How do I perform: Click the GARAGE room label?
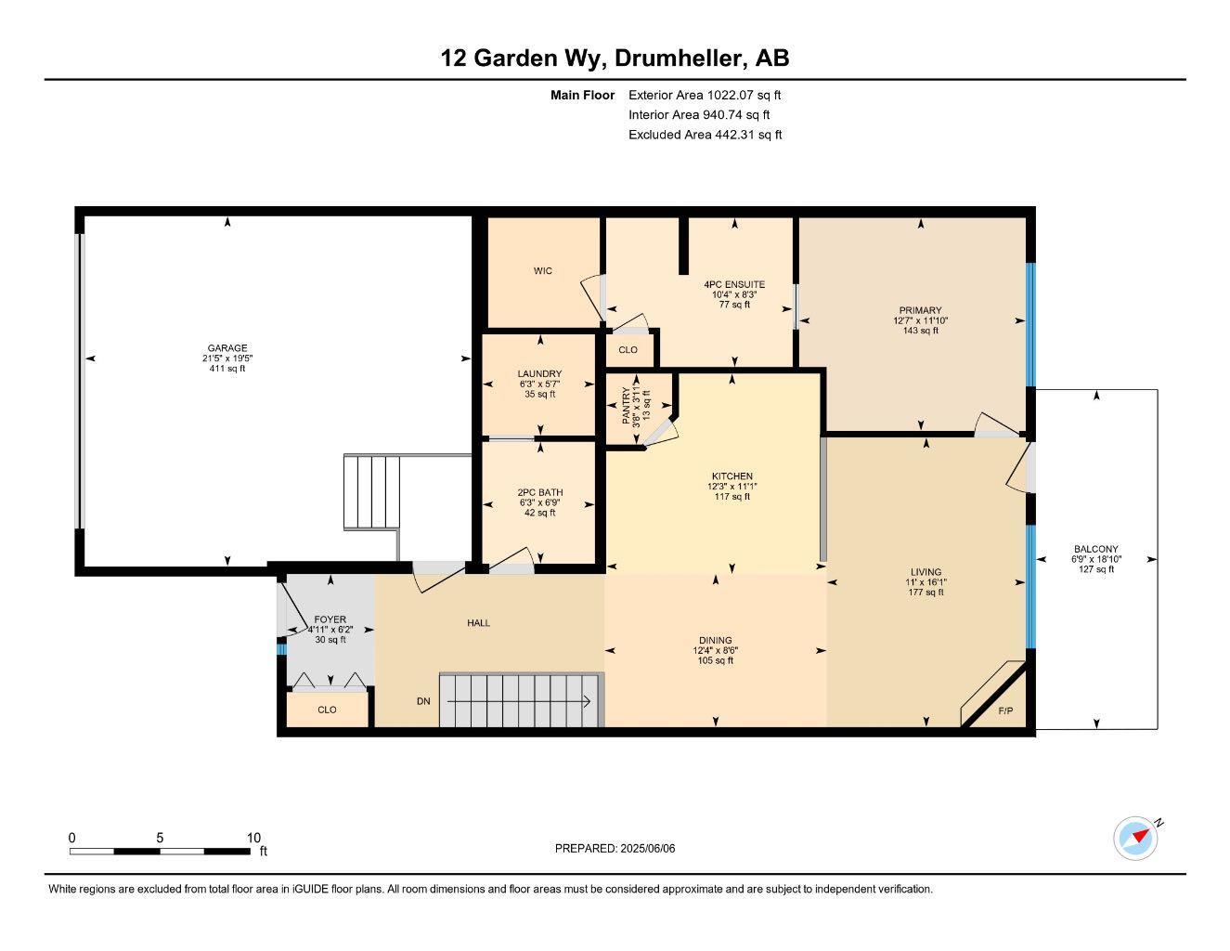coord(227,348)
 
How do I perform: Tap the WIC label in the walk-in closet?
coord(543,271)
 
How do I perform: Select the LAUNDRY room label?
coord(539,374)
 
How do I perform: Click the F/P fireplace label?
coord(1005,711)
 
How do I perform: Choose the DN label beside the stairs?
coord(423,701)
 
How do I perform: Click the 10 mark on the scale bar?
coord(253,838)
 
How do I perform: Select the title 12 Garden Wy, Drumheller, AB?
coord(615,59)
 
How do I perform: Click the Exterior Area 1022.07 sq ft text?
coord(705,95)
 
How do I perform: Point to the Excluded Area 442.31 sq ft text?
coord(705,135)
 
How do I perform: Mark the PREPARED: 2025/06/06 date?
coord(615,848)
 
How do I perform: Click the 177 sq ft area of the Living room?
coord(926,593)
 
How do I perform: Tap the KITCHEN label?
coord(732,476)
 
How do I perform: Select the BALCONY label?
coord(1095,549)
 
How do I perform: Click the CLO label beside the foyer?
coord(327,710)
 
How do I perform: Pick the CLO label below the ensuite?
coord(628,350)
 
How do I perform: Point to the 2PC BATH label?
coord(539,493)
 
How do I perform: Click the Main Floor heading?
coord(582,95)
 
